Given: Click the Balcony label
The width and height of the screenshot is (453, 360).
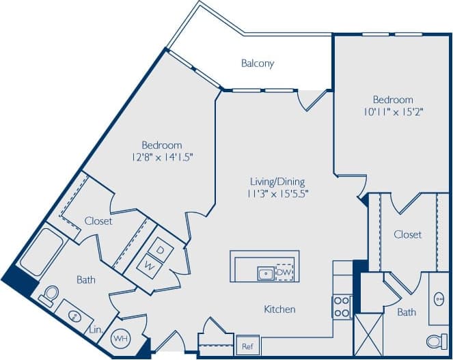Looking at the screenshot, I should click(x=258, y=64).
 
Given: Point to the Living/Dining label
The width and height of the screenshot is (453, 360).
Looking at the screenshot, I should click(x=276, y=182).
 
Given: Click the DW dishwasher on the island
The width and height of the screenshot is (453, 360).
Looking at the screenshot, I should click(x=285, y=272).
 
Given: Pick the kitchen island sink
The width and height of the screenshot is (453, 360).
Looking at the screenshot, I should click(x=266, y=273).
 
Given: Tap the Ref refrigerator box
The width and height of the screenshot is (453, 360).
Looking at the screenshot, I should click(x=247, y=346).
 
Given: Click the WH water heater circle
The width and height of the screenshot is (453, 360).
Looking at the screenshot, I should click(x=120, y=337).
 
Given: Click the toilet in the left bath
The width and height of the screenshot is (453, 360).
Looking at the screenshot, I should click(x=47, y=294).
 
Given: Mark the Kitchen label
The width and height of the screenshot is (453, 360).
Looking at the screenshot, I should click(x=279, y=309).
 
